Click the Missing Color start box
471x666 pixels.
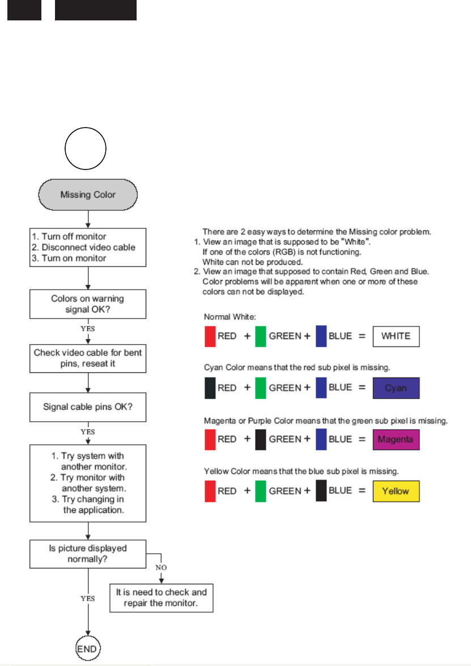click(88, 195)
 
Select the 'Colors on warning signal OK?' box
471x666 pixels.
click(88, 304)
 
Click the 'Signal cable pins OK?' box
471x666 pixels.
click(88, 407)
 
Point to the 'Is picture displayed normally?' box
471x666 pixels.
click(88, 553)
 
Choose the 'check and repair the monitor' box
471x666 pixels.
click(162, 597)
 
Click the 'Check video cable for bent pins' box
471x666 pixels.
click(88, 358)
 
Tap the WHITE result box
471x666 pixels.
click(396, 336)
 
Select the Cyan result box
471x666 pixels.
click(396, 388)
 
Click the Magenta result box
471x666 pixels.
click(396, 439)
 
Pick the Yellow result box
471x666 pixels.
click(396, 491)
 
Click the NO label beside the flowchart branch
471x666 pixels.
click(161, 567)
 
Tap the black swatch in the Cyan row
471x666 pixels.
click(210, 388)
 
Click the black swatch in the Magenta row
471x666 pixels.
click(261, 439)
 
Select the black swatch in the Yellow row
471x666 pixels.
click(321, 491)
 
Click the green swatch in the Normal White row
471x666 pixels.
click(261, 336)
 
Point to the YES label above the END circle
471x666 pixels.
click(88, 599)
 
